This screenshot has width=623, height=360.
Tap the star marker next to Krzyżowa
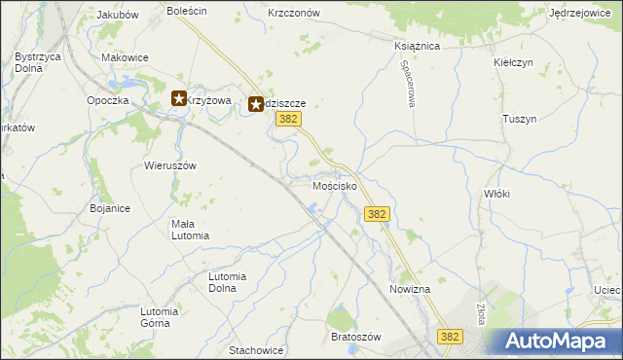pos(179,98)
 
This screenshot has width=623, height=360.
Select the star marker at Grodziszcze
pos(256,102)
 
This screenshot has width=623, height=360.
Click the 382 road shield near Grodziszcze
pos(286,119)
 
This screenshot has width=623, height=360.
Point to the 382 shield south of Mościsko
pos(378,214)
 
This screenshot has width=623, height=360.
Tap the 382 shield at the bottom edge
pos(449,336)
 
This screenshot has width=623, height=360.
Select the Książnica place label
pos(417,46)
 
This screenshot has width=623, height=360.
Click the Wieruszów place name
pos(170,165)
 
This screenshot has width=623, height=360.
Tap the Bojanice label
pos(110,208)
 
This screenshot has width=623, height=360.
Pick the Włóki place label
pos(496,194)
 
